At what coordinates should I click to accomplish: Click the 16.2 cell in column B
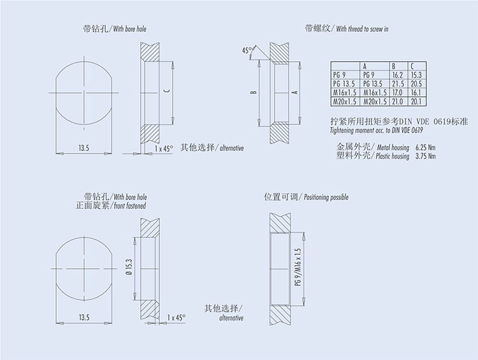(x=398, y=75)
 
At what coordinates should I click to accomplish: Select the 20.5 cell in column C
(x=416, y=84)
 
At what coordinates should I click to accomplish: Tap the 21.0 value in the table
(x=398, y=101)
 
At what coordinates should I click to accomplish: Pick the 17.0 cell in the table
(x=398, y=92)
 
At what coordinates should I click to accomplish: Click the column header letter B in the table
(x=394, y=66)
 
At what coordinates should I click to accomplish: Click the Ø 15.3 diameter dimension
(x=129, y=268)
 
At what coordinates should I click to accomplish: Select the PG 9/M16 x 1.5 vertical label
(x=298, y=267)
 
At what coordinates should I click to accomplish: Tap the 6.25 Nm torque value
(x=425, y=148)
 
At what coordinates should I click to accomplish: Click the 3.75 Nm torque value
(x=425, y=156)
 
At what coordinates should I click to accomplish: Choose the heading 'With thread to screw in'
(x=362, y=29)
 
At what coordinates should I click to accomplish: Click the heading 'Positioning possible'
(x=326, y=198)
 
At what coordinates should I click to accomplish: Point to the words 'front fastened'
(x=130, y=206)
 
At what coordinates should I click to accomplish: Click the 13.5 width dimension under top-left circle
(x=84, y=148)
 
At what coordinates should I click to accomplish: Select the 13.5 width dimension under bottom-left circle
(x=84, y=318)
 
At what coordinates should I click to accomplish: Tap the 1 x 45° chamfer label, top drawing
(x=164, y=148)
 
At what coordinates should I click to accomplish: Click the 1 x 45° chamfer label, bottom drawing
(x=176, y=318)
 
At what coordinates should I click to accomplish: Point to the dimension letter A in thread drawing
(x=295, y=92)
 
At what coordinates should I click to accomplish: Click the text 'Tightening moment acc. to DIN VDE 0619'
(x=377, y=131)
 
